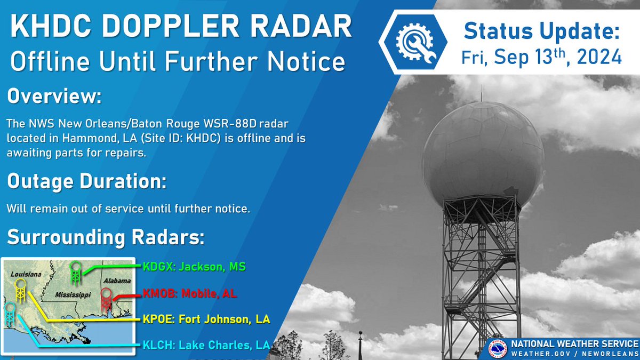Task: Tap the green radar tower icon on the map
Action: pos(77,273)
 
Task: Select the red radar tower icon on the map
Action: pos(106,299)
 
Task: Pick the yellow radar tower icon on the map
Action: pos(21,291)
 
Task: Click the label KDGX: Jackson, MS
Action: pos(194,267)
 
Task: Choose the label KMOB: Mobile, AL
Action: pos(190,293)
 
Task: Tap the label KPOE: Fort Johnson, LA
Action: pos(206,319)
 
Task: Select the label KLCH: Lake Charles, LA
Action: pos(206,345)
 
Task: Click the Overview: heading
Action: pos(54,98)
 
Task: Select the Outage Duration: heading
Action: pos(86,181)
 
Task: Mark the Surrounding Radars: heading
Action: pos(106,237)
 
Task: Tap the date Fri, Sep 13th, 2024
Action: pos(542,56)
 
